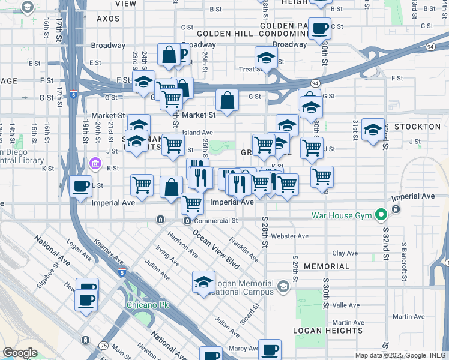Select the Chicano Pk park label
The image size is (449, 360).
(148, 305)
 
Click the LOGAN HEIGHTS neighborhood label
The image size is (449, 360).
(328, 331)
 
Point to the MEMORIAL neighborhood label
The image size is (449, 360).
(326, 266)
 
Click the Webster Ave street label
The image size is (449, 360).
(289, 236)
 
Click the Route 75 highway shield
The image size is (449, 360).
(104, 346)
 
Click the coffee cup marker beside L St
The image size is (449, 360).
(80, 185)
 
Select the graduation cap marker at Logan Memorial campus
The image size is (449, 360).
(203, 281)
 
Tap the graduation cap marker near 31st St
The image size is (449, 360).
(373, 129)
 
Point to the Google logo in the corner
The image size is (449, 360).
(20, 353)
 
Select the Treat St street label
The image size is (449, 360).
(249, 70)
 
